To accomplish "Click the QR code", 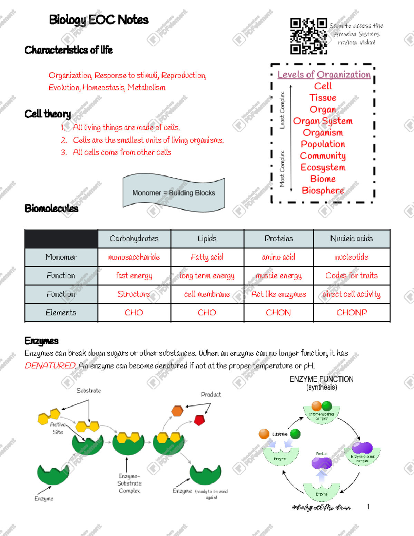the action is click(308, 36).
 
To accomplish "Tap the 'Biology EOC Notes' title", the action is click(99, 20).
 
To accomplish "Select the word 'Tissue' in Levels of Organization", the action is click(323, 98).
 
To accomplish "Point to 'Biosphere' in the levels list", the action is click(323, 190).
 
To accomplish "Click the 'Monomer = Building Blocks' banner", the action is click(174, 193).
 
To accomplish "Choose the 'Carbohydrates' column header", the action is click(134, 238).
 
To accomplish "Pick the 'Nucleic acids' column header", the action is click(351, 238).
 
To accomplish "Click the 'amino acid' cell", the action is click(278, 257).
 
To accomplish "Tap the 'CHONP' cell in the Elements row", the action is click(351, 312).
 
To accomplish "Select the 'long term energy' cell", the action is click(207, 275).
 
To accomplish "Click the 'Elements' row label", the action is click(61, 312).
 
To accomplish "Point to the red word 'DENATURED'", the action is click(50, 366).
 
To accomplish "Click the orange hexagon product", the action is click(177, 411).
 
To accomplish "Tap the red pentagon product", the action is click(199, 420).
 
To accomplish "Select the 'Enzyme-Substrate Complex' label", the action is click(129, 483).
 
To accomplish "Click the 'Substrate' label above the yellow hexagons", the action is click(89, 390).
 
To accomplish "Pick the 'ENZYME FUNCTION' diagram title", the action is click(322, 379).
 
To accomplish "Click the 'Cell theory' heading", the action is click(48, 114).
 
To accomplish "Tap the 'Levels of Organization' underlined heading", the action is click(324, 75).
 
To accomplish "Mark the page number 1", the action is click(368, 506).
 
